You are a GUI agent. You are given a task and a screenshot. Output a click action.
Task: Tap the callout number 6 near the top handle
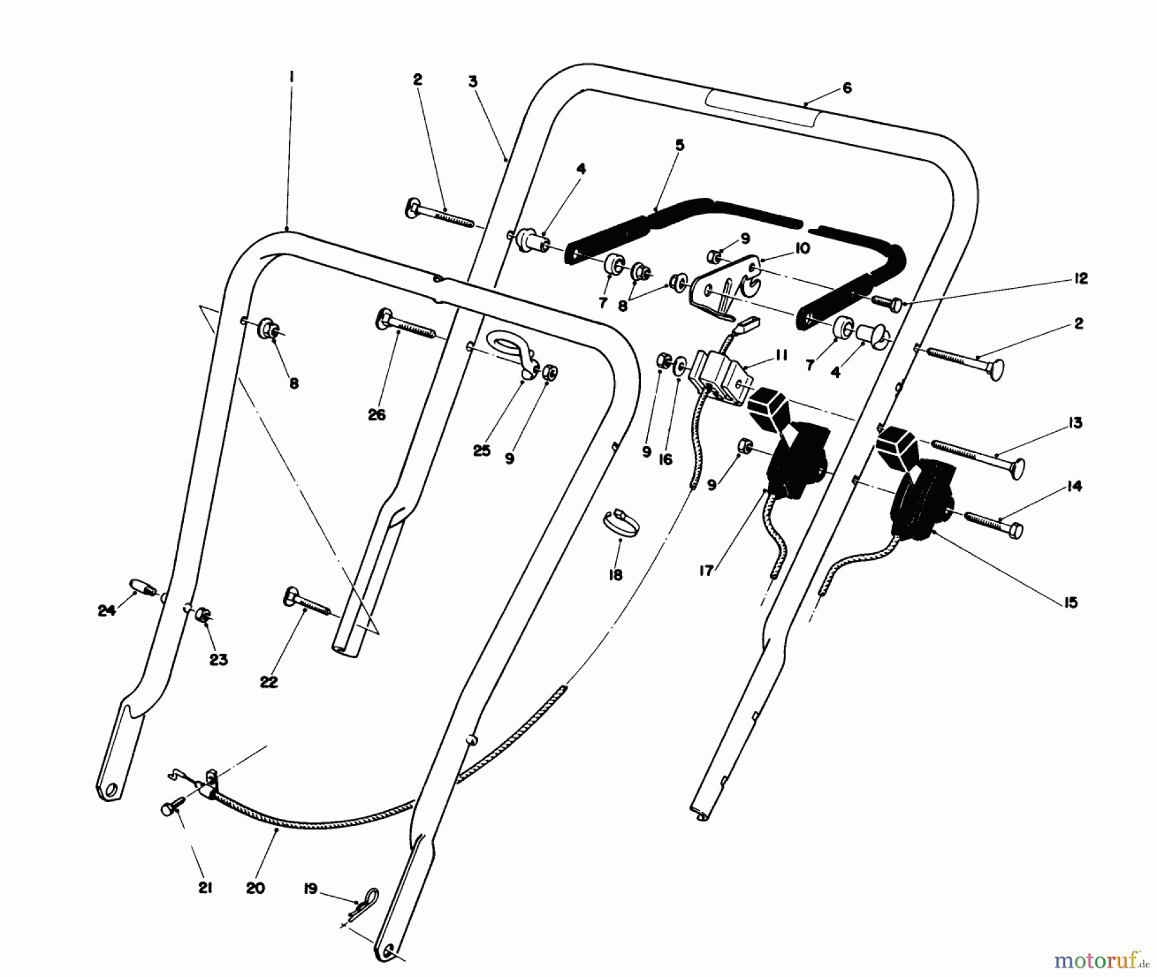847,88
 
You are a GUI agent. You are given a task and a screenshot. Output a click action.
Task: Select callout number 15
1070,602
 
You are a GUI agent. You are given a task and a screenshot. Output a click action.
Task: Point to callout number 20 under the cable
255,888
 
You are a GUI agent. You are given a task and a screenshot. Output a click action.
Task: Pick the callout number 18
615,575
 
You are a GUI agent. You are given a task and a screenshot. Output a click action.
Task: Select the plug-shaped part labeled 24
143,586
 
